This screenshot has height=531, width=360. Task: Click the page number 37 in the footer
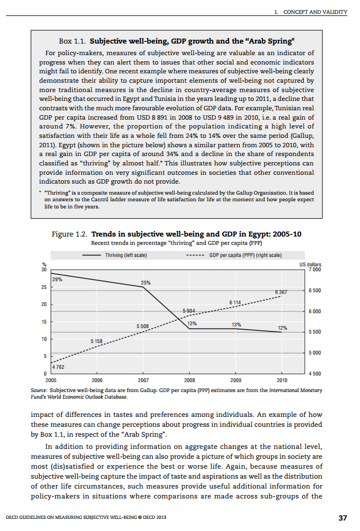pos(342,518)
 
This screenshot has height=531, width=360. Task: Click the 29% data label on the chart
pos(57,280)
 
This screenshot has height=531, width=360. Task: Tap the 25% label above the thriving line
pos(146,282)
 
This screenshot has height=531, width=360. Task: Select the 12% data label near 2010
pos(282,328)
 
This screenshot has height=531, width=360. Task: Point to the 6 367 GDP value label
pos(281,291)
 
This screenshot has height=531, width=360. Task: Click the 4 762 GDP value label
pos(58,366)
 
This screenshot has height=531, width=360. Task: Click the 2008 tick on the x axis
pos(189,380)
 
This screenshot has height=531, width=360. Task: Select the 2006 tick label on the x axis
pos(97,380)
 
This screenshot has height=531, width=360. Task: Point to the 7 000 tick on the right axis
pos(315,270)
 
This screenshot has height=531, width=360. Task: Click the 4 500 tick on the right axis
pos(315,374)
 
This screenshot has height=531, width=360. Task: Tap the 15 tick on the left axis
pos(44,321)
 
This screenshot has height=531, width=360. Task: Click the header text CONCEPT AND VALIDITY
pos(314,12)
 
